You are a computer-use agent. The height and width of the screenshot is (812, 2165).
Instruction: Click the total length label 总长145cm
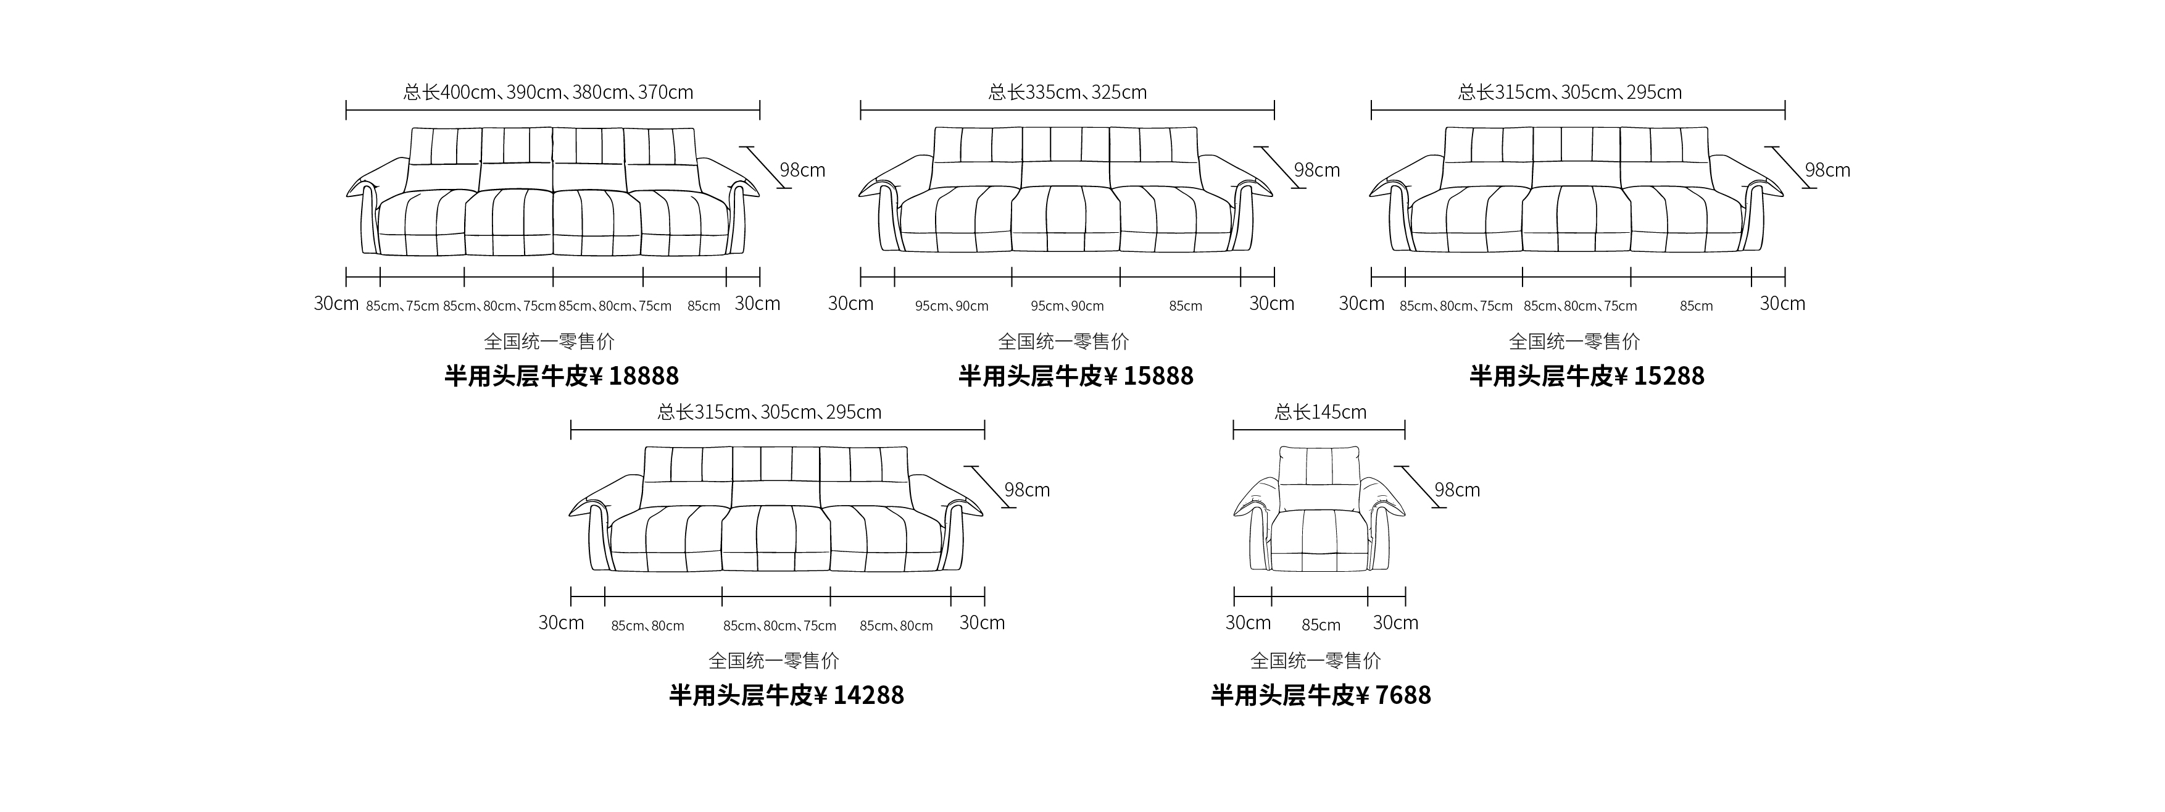1320,412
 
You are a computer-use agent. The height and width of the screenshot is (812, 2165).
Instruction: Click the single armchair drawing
1319,509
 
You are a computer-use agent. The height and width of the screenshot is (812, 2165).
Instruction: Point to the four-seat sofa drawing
553,191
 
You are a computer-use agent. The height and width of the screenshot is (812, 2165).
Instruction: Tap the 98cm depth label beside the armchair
1457,489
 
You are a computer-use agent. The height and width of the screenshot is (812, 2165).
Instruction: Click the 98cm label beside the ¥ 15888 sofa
1317,170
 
